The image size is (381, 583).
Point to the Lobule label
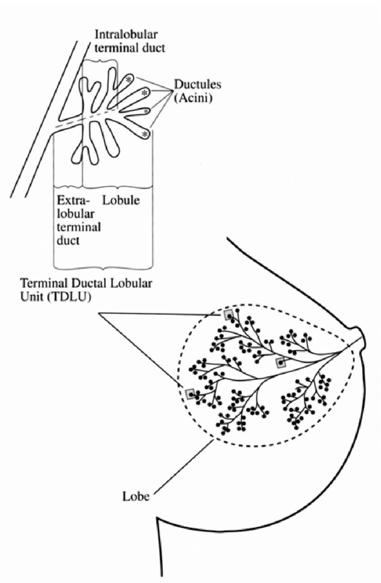click(x=121, y=201)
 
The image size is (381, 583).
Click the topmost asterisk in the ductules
click(x=129, y=79)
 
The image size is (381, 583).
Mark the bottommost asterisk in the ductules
click(x=144, y=134)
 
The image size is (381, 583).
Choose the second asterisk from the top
click(x=144, y=93)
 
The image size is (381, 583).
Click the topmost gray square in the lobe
click(x=229, y=314)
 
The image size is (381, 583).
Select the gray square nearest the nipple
click(x=281, y=363)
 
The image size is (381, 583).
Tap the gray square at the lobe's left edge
click(x=190, y=394)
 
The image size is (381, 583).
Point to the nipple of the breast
click(x=362, y=337)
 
